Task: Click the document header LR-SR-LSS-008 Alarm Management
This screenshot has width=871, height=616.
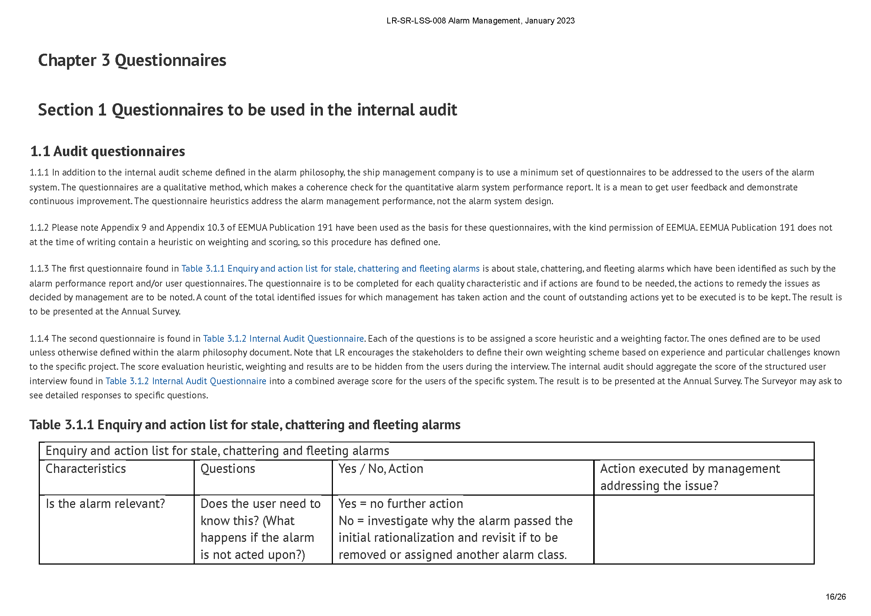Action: pos(480,21)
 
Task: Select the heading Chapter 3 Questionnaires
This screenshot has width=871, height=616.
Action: pos(132,60)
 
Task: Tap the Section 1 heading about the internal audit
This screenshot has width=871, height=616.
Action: pos(247,110)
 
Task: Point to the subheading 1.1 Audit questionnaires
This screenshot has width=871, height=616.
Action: pos(107,151)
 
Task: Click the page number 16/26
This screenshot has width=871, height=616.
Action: pos(835,597)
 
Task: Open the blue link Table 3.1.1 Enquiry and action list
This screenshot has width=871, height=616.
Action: pos(330,269)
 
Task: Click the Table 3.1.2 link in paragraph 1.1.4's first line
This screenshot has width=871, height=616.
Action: pos(283,338)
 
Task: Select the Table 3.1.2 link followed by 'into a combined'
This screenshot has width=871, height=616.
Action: pos(185,381)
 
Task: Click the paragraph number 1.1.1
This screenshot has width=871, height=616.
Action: pos(39,173)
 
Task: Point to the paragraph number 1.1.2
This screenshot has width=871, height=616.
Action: pos(39,228)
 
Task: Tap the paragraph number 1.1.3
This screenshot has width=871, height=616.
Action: pos(39,269)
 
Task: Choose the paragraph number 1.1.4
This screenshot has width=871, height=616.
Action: pos(39,338)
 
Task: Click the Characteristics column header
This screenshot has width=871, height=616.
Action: pos(86,469)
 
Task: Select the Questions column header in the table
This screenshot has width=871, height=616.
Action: pos(228,469)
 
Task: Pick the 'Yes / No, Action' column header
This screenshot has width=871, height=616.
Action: pos(381,469)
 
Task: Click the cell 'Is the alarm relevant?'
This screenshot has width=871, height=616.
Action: pos(105,504)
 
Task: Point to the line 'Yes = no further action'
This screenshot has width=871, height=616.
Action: pos(401,504)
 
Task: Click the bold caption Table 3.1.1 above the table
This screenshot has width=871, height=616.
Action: pos(245,425)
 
